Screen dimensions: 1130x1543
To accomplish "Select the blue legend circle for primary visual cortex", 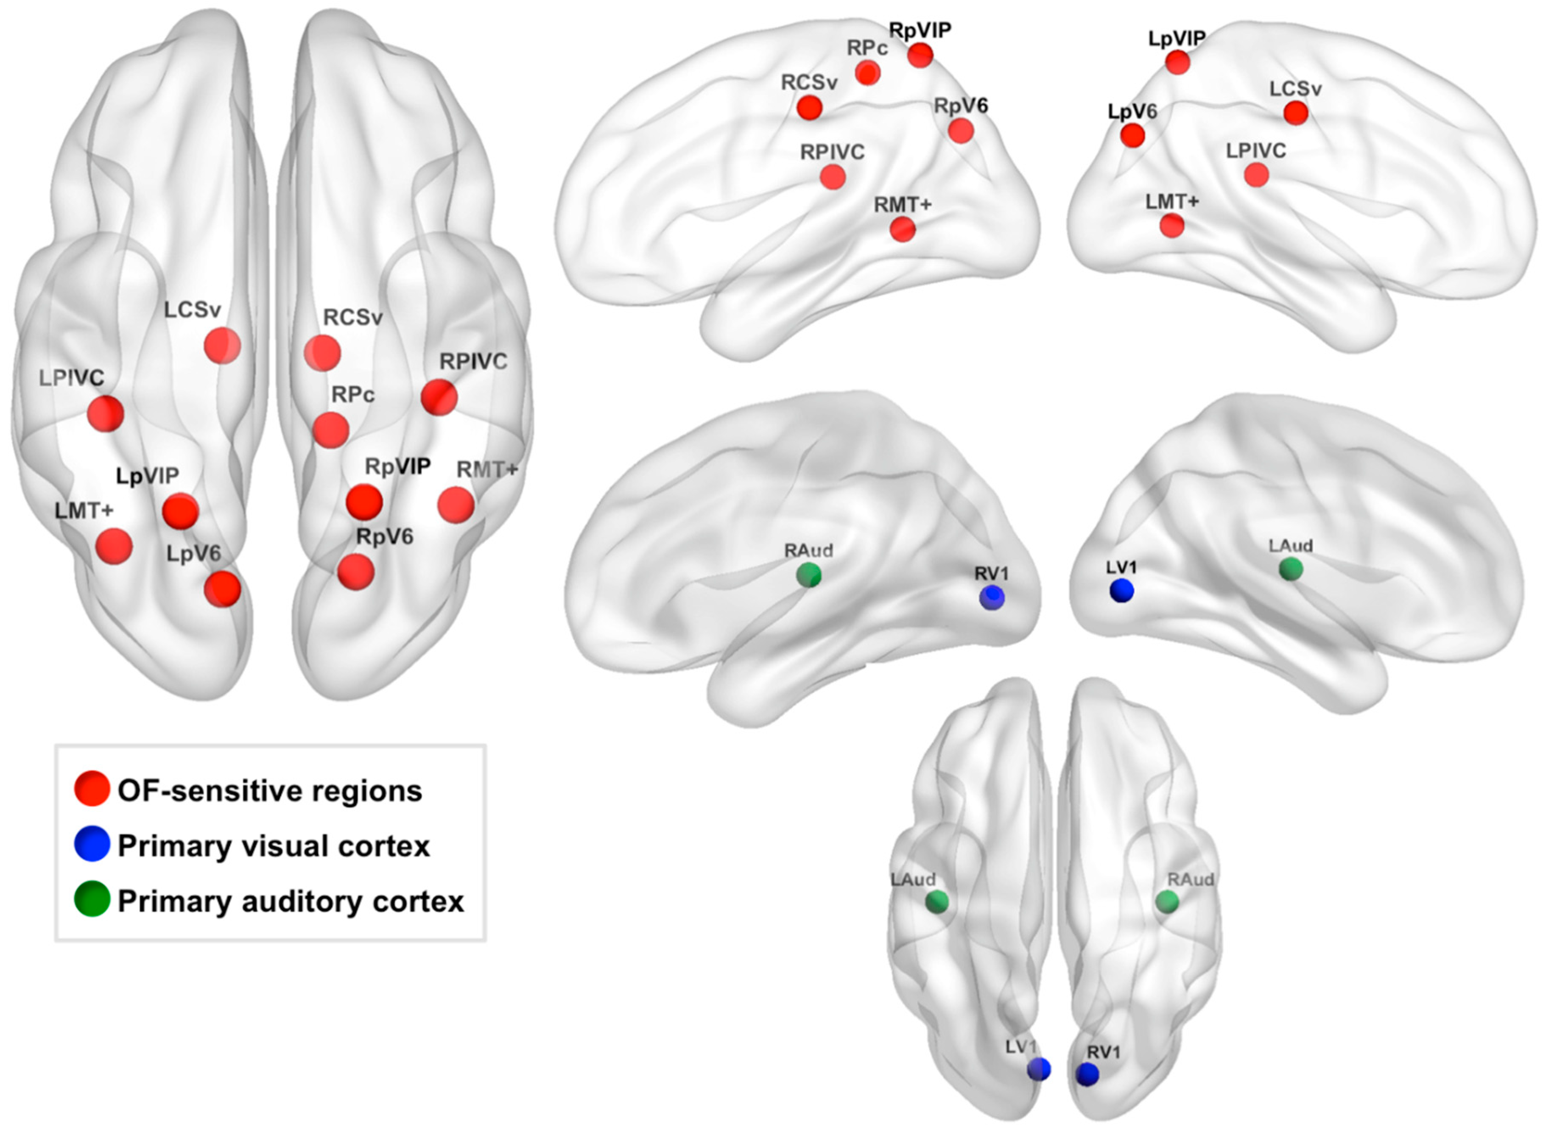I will pyautogui.click(x=92, y=844).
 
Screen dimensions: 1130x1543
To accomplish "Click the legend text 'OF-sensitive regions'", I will pyautogui.click(x=270, y=791).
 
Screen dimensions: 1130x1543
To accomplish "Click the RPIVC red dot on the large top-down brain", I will pyautogui.click(x=439, y=397).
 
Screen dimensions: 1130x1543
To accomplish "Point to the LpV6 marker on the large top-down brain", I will pyautogui.click(x=222, y=589).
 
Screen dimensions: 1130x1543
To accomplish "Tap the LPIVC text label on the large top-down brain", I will pyautogui.click(x=71, y=377).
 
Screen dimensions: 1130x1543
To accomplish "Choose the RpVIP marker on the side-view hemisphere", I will pyautogui.click(x=920, y=56).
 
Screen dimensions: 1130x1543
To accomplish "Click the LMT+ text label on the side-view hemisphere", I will pyautogui.click(x=1172, y=202).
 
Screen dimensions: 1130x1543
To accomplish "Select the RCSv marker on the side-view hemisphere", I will pyautogui.click(x=810, y=107).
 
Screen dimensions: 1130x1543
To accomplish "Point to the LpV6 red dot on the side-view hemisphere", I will pyautogui.click(x=1132, y=135).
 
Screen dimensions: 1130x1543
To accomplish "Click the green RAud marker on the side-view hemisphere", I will pyautogui.click(x=809, y=575).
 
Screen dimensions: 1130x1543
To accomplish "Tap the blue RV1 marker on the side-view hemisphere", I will pyautogui.click(x=992, y=597).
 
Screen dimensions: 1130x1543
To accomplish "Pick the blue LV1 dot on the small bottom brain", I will pyautogui.click(x=1039, y=1069).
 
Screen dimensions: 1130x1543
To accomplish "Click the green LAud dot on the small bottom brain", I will pyautogui.click(x=937, y=901).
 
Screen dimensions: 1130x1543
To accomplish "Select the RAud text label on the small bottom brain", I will pyautogui.click(x=1191, y=880).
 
